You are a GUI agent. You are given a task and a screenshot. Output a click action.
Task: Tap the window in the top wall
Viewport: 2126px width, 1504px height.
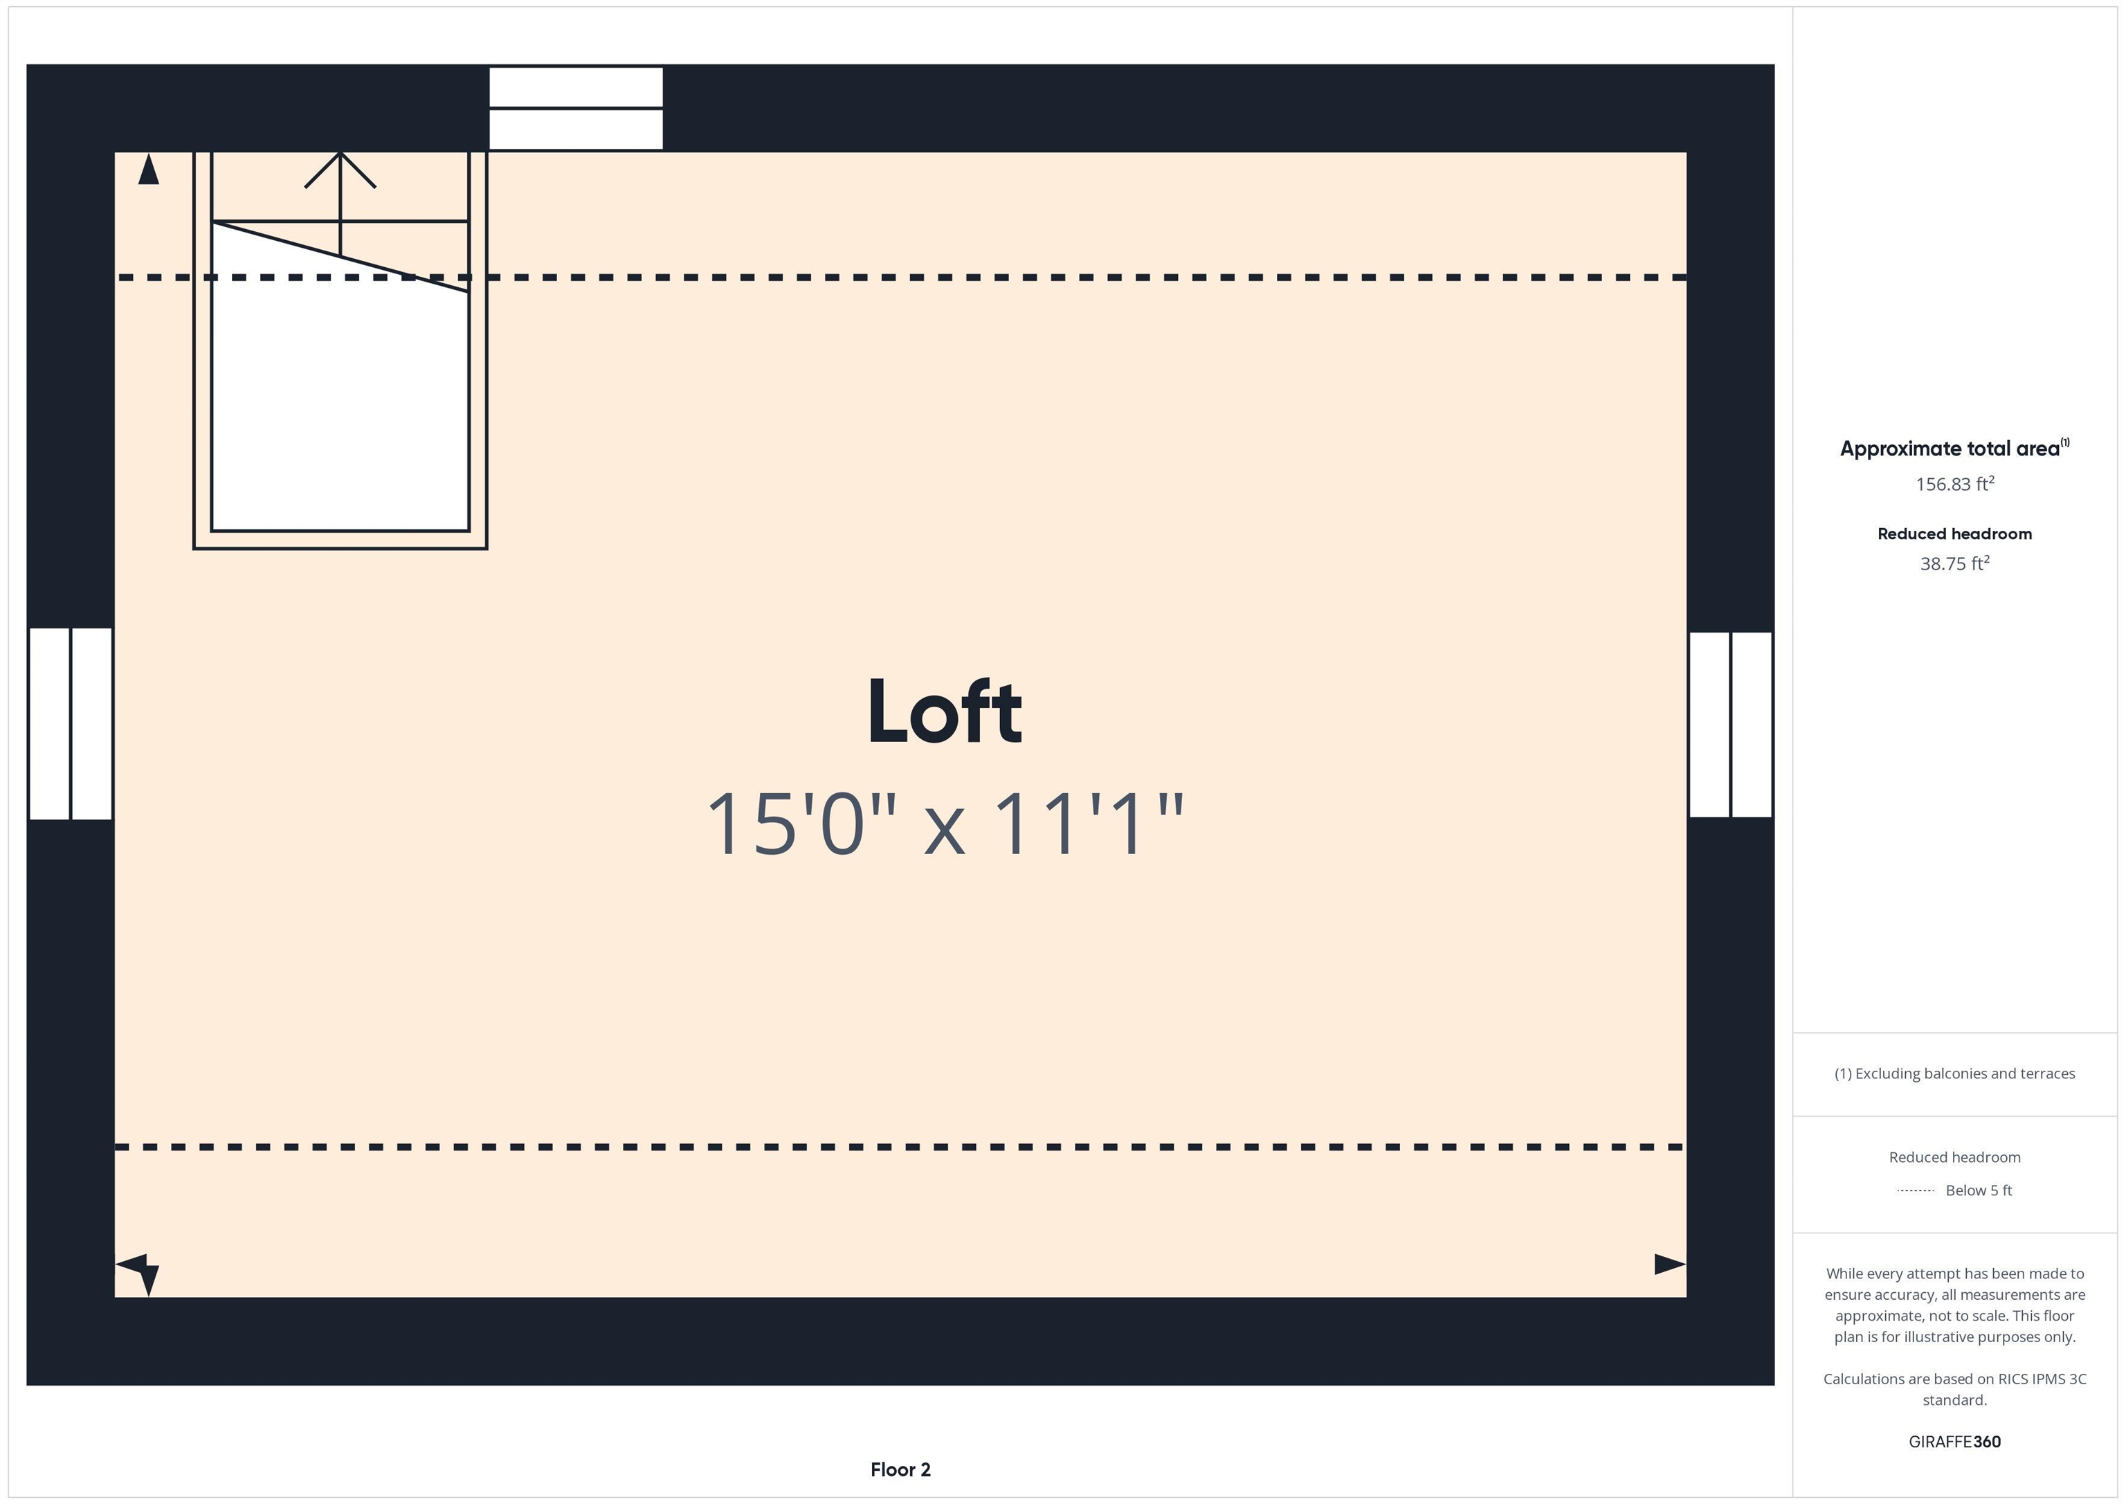tap(576, 107)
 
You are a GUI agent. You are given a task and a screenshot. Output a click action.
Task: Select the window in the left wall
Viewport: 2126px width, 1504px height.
tap(71, 723)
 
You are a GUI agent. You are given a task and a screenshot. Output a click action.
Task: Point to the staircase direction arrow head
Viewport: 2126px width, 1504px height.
tap(340, 170)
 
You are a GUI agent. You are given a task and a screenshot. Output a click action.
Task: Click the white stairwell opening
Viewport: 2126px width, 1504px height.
tap(340, 398)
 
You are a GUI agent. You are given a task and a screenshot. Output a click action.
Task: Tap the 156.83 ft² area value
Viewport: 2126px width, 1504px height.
tap(1954, 483)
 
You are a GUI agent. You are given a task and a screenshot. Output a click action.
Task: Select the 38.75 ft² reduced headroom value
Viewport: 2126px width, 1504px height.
tap(1954, 563)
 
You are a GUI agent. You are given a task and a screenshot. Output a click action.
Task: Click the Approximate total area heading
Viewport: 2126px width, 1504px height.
tap(1954, 449)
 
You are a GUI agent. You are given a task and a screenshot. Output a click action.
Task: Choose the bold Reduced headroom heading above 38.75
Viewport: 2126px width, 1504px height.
tap(1954, 534)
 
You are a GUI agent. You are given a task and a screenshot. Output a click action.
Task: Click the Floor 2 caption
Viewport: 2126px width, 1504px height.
tap(900, 1469)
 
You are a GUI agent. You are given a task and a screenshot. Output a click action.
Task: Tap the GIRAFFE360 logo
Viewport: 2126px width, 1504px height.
tap(1954, 1442)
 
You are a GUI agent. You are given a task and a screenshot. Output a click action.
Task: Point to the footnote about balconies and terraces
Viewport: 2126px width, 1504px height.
tap(1954, 1073)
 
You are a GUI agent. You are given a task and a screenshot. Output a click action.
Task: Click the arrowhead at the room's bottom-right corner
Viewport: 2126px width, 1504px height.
tap(1669, 1264)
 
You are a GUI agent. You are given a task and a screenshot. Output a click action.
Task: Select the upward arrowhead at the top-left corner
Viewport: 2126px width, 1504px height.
tap(148, 169)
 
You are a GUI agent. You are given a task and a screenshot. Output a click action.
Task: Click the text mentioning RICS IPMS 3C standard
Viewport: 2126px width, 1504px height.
tap(1954, 1389)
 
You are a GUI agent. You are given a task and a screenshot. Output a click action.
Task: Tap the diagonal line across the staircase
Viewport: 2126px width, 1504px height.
tap(340, 257)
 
